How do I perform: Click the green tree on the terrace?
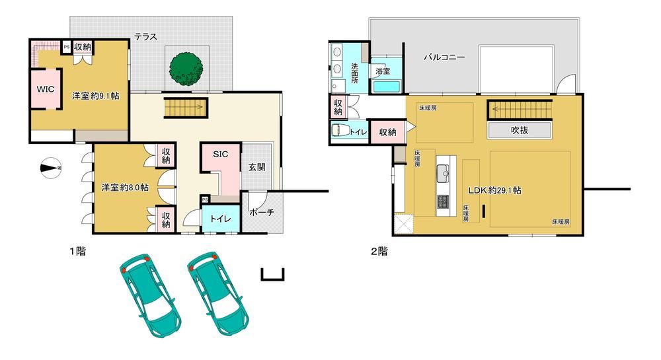click(x=186, y=69)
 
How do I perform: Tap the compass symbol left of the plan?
click(x=51, y=168)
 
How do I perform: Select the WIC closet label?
click(x=46, y=89)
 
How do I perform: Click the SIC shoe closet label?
click(x=220, y=154)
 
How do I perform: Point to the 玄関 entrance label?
click(x=256, y=167)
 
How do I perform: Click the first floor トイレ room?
click(x=221, y=219)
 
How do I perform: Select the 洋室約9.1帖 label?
click(x=96, y=96)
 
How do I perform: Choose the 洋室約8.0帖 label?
click(x=125, y=188)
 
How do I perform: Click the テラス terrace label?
click(x=145, y=36)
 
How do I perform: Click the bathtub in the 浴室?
click(x=386, y=87)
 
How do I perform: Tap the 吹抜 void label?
click(x=520, y=131)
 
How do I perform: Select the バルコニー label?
click(x=444, y=57)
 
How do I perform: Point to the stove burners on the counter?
click(x=443, y=201)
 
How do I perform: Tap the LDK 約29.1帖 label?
click(x=495, y=190)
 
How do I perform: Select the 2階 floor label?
click(x=379, y=252)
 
